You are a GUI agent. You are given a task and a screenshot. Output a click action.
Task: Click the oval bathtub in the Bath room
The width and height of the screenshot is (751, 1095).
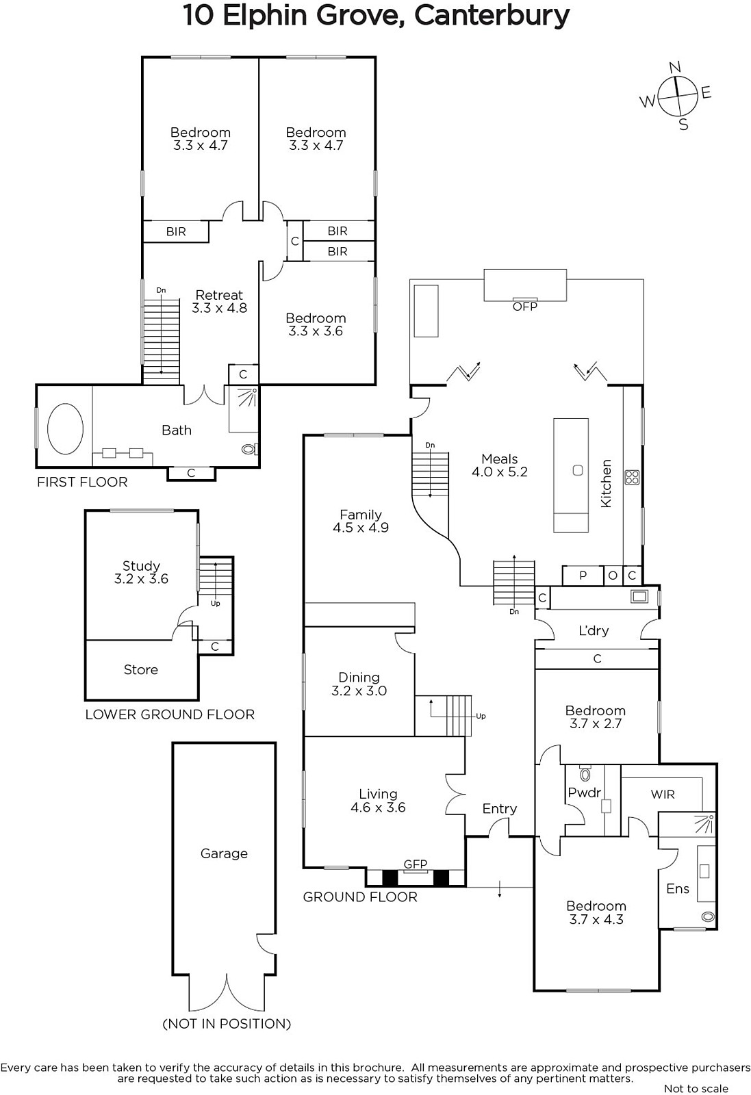coord(65,428)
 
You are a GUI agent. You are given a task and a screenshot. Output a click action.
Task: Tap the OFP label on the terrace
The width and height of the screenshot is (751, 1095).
coord(524,307)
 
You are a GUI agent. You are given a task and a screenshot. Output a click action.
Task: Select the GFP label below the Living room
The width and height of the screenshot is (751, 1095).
coord(415,864)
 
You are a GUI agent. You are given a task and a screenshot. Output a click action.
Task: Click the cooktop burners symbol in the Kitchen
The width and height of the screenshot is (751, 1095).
coord(632,477)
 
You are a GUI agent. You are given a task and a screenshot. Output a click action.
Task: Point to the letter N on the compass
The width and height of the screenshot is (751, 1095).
coord(675,67)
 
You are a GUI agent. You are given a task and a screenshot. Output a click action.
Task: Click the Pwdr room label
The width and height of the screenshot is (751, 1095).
coord(584,793)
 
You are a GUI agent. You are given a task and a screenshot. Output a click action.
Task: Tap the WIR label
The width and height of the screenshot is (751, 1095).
coord(663,795)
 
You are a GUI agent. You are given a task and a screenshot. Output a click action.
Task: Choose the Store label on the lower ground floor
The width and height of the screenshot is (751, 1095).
coord(141,669)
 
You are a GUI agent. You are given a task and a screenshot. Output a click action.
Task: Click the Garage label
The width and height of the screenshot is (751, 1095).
coord(224,853)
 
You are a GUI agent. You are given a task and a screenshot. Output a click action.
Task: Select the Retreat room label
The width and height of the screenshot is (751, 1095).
coord(219,295)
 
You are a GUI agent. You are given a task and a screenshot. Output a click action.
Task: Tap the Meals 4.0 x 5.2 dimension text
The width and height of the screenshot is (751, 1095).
coord(500,472)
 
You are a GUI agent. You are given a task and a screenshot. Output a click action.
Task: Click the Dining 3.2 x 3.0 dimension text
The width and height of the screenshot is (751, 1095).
coord(359,691)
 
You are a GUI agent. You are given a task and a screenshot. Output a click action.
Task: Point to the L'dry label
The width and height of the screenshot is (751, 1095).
coord(594,630)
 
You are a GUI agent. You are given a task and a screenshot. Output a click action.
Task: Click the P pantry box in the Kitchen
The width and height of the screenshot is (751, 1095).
coord(583,576)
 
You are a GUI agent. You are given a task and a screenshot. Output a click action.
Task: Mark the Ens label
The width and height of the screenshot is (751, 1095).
coord(678,889)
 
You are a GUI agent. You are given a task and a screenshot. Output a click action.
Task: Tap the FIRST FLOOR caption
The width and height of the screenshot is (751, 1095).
coord(82,482)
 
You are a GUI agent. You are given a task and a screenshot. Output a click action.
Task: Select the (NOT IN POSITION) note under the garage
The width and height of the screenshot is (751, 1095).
coord(227,1024)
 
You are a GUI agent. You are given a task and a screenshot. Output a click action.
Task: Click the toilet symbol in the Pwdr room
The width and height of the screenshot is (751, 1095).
coord(585,773)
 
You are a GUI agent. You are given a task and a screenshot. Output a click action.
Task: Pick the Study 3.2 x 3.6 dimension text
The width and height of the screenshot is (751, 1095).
coord(141,579)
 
